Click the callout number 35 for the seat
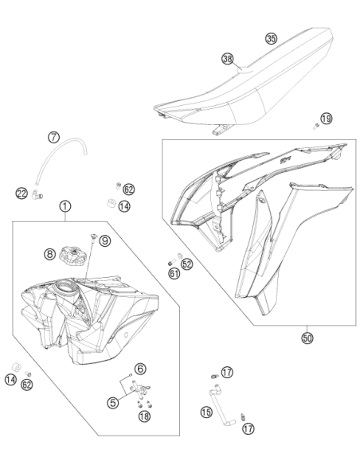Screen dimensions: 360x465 (x=271, y=38)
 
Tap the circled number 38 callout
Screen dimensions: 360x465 (x=228, y=59)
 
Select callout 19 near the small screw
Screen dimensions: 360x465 (x=327, y=119)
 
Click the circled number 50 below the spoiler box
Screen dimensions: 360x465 (x=307, y=338)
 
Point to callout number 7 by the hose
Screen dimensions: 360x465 (x=53, y=137)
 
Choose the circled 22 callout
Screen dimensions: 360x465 (x=22, y=193)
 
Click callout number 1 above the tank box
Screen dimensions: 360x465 (x=65, y=206)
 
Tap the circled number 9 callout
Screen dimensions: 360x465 (x=104, y=240)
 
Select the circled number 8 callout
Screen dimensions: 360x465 (x=50, y=253)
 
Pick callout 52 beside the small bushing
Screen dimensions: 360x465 (x=187, y=264)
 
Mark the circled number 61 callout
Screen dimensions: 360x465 (x=174, y=273)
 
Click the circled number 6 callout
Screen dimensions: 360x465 (x=140, y=369)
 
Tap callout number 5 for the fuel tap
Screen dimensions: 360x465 (x=113, y=402)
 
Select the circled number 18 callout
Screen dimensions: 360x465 (x=144, y=416)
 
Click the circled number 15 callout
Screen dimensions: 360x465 (x=206, y=412)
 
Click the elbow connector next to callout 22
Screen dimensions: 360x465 (x=37, y=194)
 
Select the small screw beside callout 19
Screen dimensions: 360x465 (x=316, y=127)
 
